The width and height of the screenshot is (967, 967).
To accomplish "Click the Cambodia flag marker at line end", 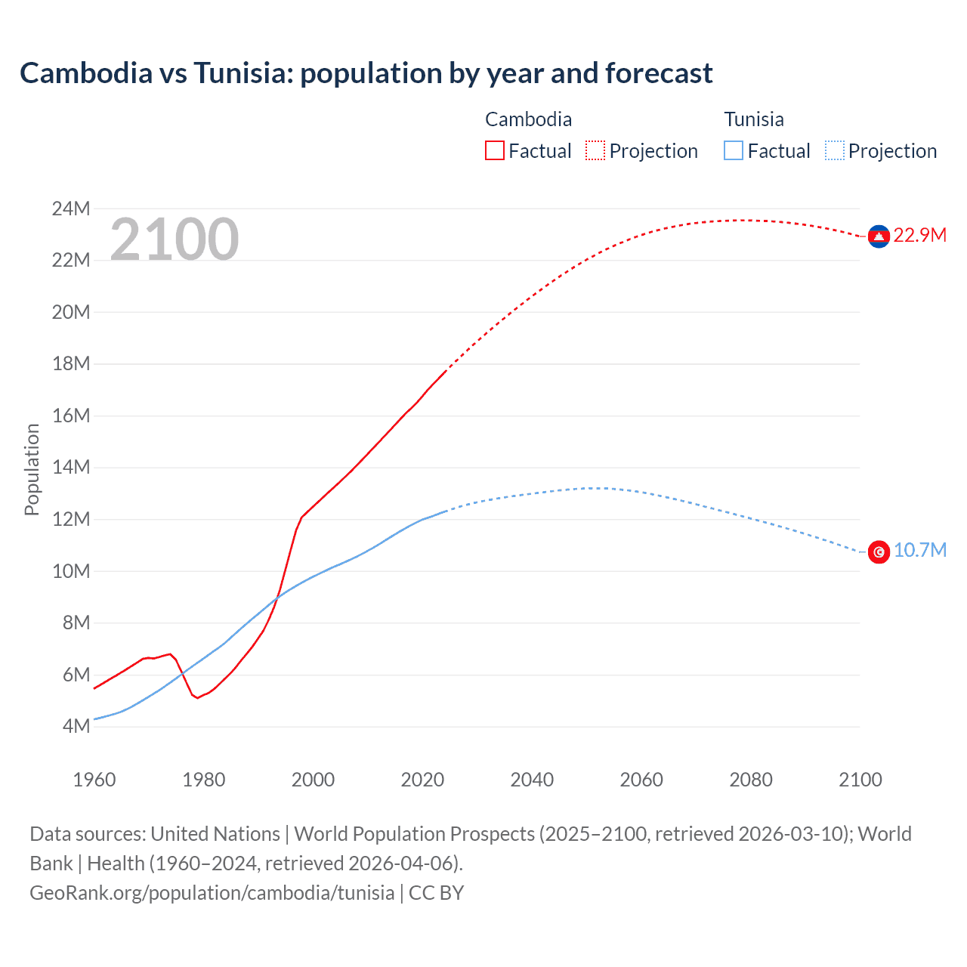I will coord(878,236).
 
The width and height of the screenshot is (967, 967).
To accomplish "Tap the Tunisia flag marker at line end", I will coord(878,551).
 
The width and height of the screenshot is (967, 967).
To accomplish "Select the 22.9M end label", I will coord(919,235).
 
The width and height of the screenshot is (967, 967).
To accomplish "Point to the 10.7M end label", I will coord(919,550).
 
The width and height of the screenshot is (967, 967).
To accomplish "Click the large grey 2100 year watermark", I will coord(175,239).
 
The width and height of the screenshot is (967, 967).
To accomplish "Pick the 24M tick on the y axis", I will coord(71,209).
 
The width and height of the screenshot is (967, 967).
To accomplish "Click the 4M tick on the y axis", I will coord(76,726).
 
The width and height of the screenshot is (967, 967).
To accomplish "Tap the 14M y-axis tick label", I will coord(71,467).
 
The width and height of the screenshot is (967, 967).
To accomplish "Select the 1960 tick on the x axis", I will coord(94,780).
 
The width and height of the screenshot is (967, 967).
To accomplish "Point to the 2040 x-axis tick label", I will coord(532,780).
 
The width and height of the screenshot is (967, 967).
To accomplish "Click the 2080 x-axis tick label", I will coord(751,780).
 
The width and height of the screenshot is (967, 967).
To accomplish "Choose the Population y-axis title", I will coord(32,469).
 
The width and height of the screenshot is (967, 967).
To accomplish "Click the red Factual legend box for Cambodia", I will coord(494,150).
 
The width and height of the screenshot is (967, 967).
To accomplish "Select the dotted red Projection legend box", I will coord(595,150).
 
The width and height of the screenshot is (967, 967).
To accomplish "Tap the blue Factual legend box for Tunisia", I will coord(734,150).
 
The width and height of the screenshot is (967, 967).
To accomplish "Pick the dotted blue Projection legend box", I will coord(835,150).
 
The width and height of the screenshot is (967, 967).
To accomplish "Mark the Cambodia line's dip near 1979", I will coord(197,697).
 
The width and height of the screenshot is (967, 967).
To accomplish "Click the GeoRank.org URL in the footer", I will coord(212,892).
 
